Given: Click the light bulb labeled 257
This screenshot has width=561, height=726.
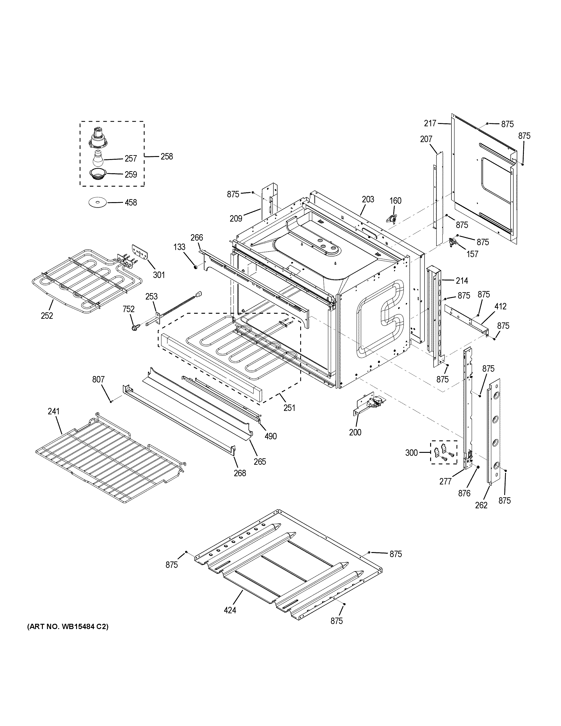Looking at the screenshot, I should [97, 159].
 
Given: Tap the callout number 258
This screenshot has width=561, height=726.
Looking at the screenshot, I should [167, 156].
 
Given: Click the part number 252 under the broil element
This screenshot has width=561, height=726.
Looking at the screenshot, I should [47, 316].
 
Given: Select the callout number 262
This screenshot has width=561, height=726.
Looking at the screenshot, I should [481, 505].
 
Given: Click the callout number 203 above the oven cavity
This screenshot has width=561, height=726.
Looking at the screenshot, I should [368, 199].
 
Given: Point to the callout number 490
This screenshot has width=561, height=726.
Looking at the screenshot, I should [270, 436].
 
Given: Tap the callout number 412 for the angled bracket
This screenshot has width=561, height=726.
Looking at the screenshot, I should [500, 306].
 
